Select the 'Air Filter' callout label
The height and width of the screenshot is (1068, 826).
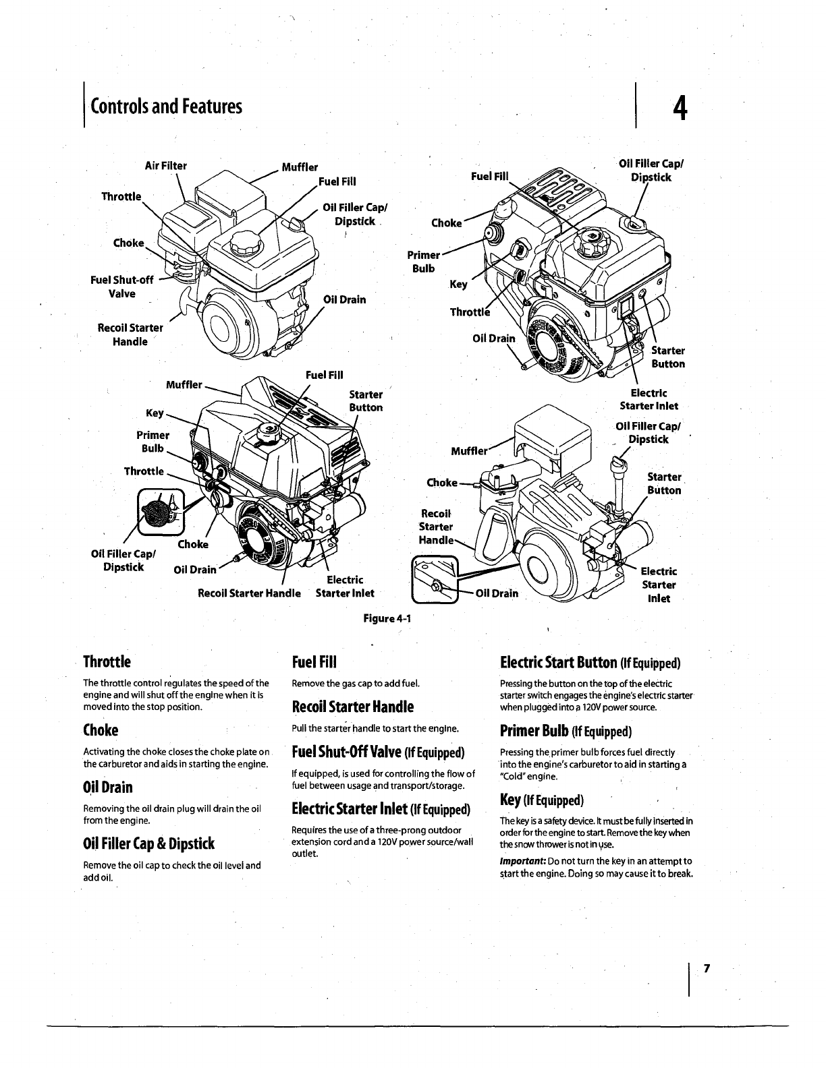[x=166, y=165]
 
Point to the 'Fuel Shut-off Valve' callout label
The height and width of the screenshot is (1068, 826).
[x=122, y=287]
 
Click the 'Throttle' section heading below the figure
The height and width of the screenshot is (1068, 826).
[x=107, y=661]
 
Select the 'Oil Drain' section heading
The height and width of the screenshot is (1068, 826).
[x=107, y=788]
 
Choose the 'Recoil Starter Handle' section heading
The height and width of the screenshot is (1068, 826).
[x=352, y=707]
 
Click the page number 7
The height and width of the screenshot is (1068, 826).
[x=707, y=969]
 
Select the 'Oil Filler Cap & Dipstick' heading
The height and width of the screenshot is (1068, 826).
[x=148, y=843]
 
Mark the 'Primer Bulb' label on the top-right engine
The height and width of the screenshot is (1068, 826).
[x=424, y=262]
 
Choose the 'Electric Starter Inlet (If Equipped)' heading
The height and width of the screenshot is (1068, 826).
[x=381, y=808]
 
